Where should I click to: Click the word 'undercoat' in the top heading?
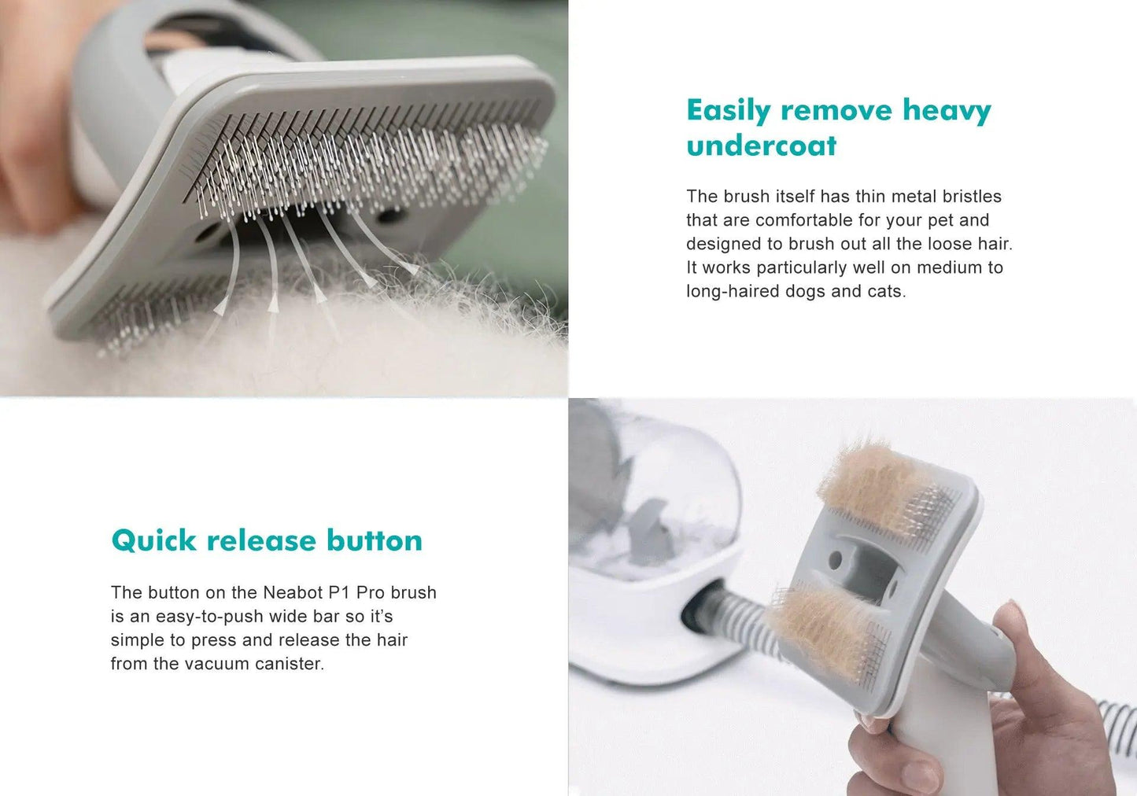click(x=761, y=146)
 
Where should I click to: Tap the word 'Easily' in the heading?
click(x=728, y=110)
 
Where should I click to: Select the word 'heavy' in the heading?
click(x=947, y=110)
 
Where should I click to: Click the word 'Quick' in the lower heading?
click(x=153, y=540)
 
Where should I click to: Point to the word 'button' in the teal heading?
click(x=375, y=540)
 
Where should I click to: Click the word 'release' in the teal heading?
click(x=261, y=540)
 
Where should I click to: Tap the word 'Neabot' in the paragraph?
click(x=293, y=592)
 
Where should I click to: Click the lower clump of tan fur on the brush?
click(x=822, y=629)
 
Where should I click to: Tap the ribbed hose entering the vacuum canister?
click(x=732, y=617)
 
